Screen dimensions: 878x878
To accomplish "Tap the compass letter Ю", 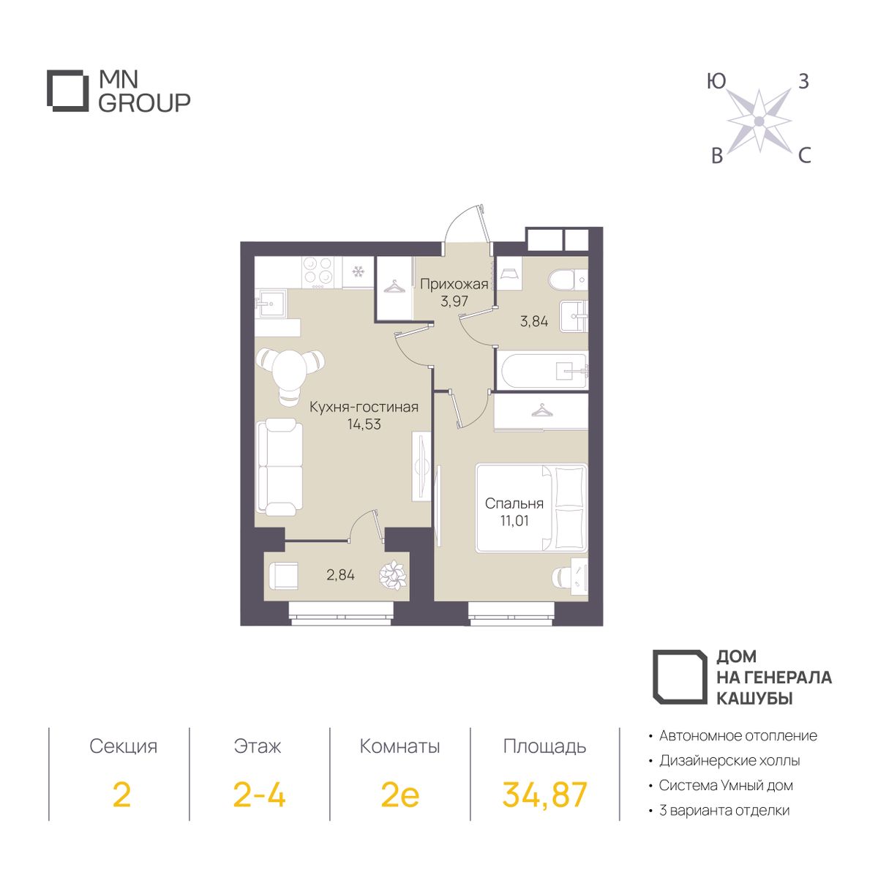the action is [716, 81].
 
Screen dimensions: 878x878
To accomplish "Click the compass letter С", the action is [805, 157].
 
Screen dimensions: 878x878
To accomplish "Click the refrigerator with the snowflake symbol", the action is [358, 272].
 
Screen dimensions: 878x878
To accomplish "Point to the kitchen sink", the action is [271, 302].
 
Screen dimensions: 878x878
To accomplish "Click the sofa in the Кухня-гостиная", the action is [279, 468].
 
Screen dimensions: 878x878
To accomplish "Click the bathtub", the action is [543, 371].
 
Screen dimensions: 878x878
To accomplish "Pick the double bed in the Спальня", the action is [531, 509].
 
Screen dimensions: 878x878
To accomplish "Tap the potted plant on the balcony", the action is [393, 576].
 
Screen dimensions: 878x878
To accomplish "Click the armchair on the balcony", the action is [283, 576].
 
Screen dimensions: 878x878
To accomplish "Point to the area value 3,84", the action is [534, 321].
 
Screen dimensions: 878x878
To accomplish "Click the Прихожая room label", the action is [454, 285].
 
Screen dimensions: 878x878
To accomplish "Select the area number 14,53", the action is [364, 424].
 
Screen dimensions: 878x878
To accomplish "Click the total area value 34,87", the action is [544, 795].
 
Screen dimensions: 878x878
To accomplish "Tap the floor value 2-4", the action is [259, 794].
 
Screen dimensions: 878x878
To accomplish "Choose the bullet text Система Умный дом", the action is [727, 786].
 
